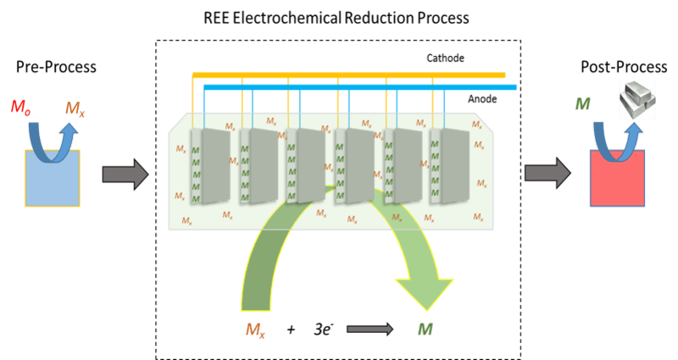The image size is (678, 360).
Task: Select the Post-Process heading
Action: tap(618, 67)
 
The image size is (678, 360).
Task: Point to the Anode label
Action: tap(481, 99)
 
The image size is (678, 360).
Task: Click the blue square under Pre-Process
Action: tap(53, 178)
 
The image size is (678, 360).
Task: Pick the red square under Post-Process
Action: tap(617, 177)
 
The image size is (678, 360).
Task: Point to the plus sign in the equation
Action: tap(291, 328)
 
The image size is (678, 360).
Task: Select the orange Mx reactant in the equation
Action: tap(253, 329)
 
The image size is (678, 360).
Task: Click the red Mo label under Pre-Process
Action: tap(19, 107)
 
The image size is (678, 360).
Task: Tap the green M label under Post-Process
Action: tap(581, 105)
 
